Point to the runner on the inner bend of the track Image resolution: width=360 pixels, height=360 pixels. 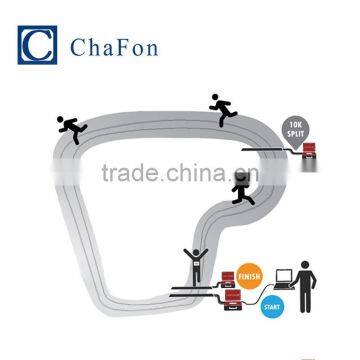point(241,190)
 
